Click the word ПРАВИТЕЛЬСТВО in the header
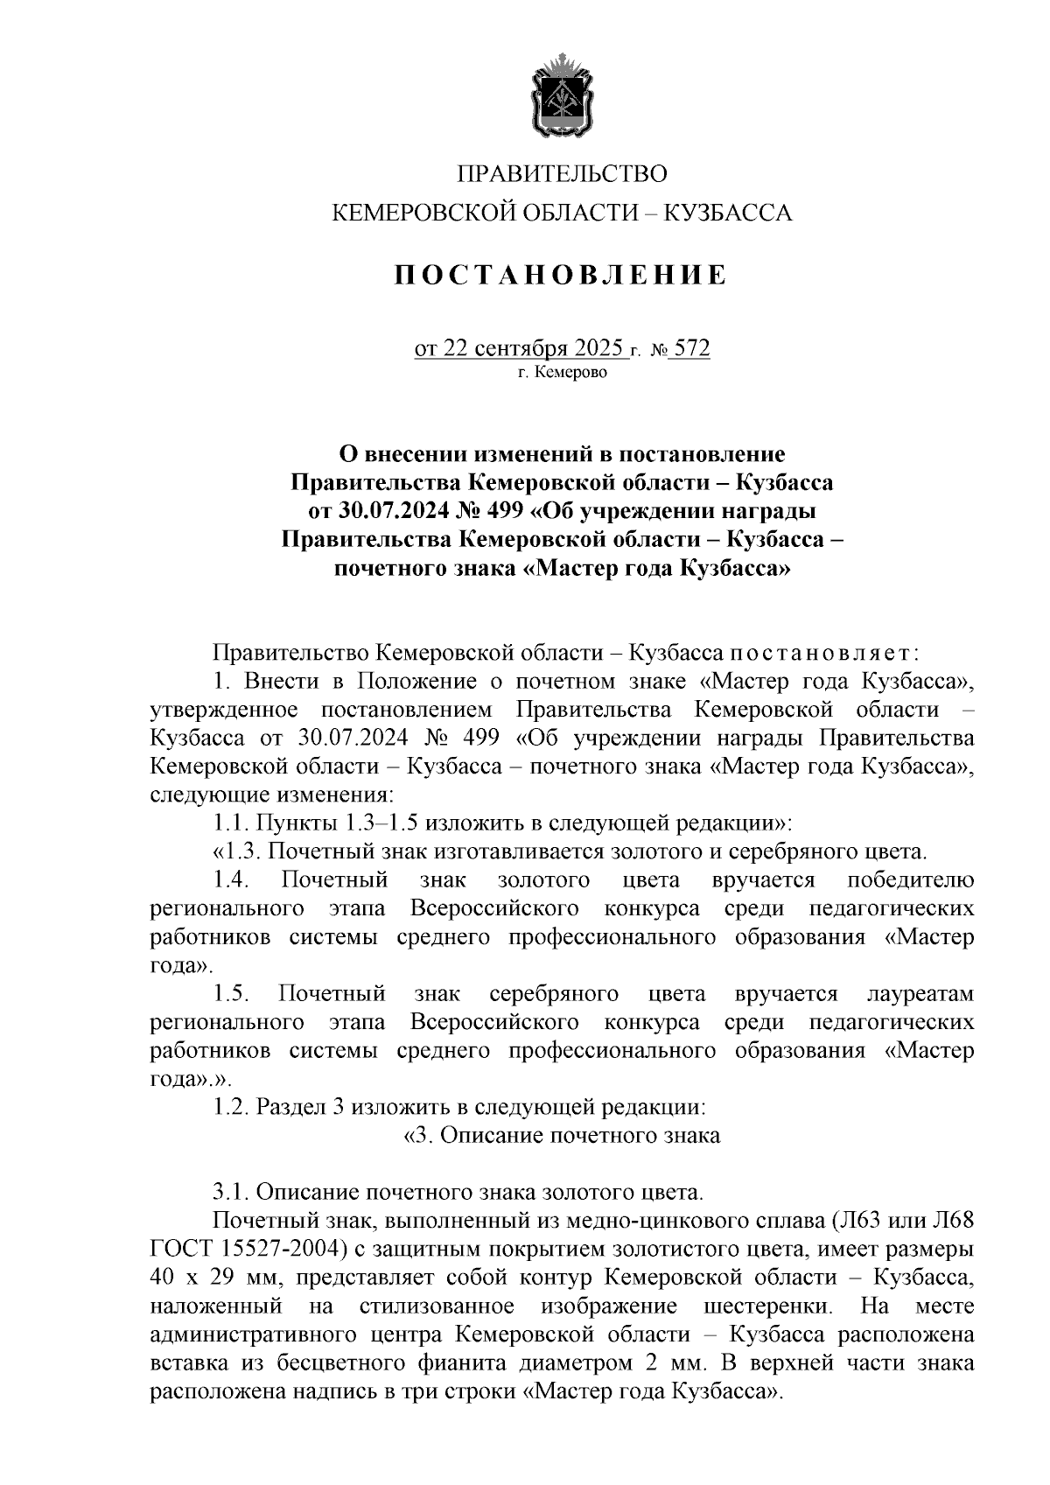563,173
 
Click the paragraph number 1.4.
233,879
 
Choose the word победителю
911,879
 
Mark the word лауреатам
920,993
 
